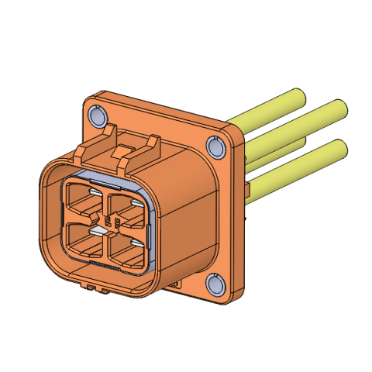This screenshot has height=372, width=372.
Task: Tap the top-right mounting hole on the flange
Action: tap(215, 147)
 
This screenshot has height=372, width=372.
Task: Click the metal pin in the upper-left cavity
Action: tap(92, 192)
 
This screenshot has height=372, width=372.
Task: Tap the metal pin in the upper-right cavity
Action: tap(135, 203)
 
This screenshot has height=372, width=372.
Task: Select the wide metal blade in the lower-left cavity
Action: tap(98, 230)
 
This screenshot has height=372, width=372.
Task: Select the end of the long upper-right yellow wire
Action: tap(339, 107)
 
